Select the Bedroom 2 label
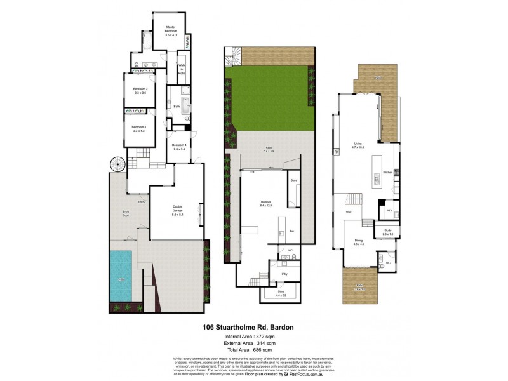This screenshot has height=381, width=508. [x=140, y=88]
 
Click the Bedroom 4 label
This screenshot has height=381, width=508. [x=179, y=145]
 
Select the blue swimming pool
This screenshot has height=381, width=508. [x=121, y=275]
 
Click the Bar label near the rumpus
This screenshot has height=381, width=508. [x=291, y=230]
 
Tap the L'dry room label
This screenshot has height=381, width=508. [x=284, y=274]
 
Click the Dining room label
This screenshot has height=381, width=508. [x=358, y=241]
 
